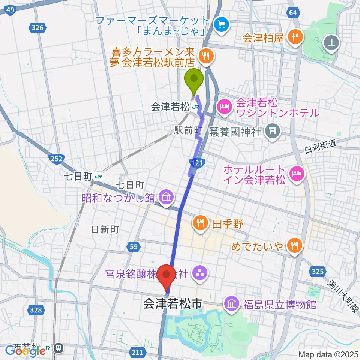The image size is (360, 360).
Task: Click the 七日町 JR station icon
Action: pos(99,176)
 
